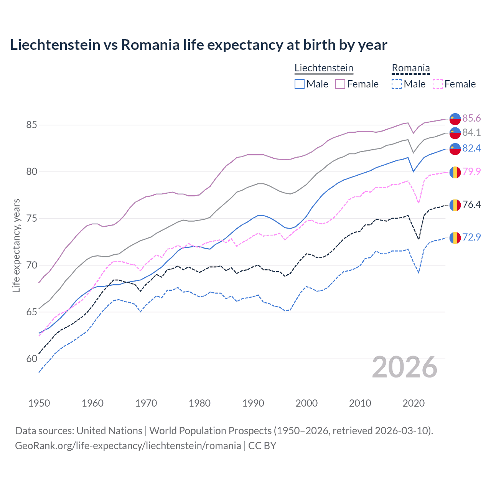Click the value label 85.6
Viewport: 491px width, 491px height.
471,118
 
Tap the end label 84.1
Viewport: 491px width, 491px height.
471,132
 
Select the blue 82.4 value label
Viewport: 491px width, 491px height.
471,148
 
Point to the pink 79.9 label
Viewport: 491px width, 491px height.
471,171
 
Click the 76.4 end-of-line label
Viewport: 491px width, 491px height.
471,204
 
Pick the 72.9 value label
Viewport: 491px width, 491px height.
471,237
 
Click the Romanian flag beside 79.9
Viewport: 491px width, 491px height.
455,172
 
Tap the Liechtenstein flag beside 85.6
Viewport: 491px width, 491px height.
455,119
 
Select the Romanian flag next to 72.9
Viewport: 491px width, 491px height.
455,238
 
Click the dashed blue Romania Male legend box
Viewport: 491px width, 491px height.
397,84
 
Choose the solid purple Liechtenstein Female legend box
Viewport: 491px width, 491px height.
340,84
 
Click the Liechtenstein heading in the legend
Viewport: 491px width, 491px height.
324,68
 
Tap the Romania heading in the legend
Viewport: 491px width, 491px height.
410,68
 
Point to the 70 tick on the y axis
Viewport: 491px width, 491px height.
32,265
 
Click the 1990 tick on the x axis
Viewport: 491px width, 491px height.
253,403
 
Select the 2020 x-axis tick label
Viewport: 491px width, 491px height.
414,403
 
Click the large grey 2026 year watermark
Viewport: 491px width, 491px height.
405,367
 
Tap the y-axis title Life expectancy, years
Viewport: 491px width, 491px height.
16,245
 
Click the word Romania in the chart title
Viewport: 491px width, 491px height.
150,45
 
